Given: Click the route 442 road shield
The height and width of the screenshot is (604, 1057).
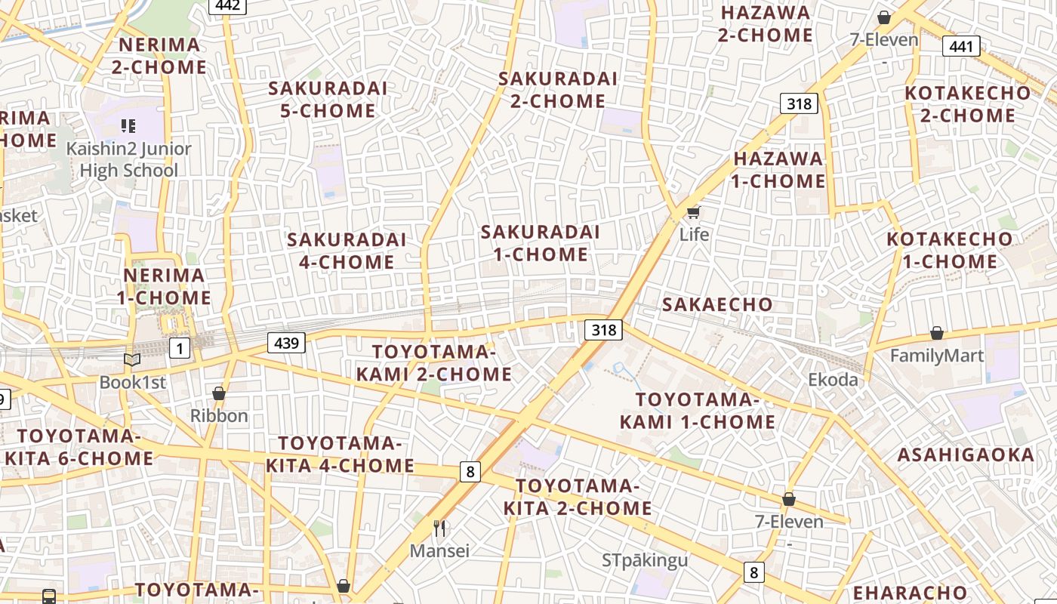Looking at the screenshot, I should pos(227,6).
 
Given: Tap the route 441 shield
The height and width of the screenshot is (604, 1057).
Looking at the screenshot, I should pos(961,47).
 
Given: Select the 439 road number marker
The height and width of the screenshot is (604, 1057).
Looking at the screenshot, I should pos(286,344).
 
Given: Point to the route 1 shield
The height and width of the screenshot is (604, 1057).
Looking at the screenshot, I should pos(180,348).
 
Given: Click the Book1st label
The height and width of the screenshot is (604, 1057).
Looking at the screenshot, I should pos(132,382).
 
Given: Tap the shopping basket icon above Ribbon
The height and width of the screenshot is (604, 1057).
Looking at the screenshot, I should pos(219,393).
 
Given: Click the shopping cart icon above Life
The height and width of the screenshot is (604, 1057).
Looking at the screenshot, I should pos(693,212).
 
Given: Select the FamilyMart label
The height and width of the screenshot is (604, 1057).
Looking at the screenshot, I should pos(937,356).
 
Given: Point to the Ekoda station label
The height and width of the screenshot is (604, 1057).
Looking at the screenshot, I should pos(833,380).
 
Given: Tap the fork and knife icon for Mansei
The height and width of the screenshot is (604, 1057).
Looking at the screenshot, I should pos(439,528).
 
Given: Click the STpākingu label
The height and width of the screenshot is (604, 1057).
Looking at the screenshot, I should pos(645,560).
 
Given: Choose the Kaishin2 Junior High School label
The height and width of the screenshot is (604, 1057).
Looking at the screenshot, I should pos(128,159).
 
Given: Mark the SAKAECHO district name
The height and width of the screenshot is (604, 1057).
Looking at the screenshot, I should pos(717,304).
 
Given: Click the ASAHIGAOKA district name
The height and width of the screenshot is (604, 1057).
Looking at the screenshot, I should pos(966,455).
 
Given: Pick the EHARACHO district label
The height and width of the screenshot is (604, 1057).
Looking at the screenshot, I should pos(910,593).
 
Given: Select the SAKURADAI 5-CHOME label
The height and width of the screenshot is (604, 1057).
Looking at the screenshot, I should pos(328,100).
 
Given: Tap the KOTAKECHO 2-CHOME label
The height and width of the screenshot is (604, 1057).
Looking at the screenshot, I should pos(967,104).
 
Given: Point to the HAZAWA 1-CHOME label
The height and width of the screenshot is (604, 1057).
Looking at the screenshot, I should pos(778,170).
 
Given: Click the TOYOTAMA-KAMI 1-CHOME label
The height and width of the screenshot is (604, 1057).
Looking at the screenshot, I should pos(697,411).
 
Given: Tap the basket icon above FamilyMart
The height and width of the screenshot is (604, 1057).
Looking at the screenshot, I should pos(937,333).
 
